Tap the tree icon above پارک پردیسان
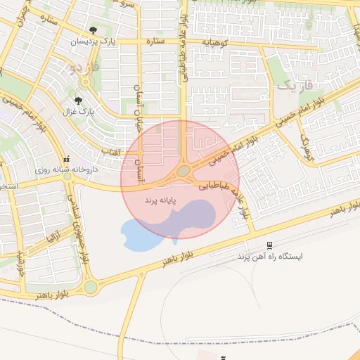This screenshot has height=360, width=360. coord(94,30)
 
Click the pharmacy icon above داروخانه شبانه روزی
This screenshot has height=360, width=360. coord(67,158)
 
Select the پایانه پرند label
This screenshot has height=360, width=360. coord(160,201)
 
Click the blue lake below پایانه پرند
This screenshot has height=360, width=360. coord(141,236)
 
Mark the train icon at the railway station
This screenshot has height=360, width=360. coord(269,245)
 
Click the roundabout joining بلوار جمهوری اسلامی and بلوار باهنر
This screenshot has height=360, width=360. coord(91,286)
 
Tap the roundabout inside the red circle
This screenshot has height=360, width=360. coord(184,171)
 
